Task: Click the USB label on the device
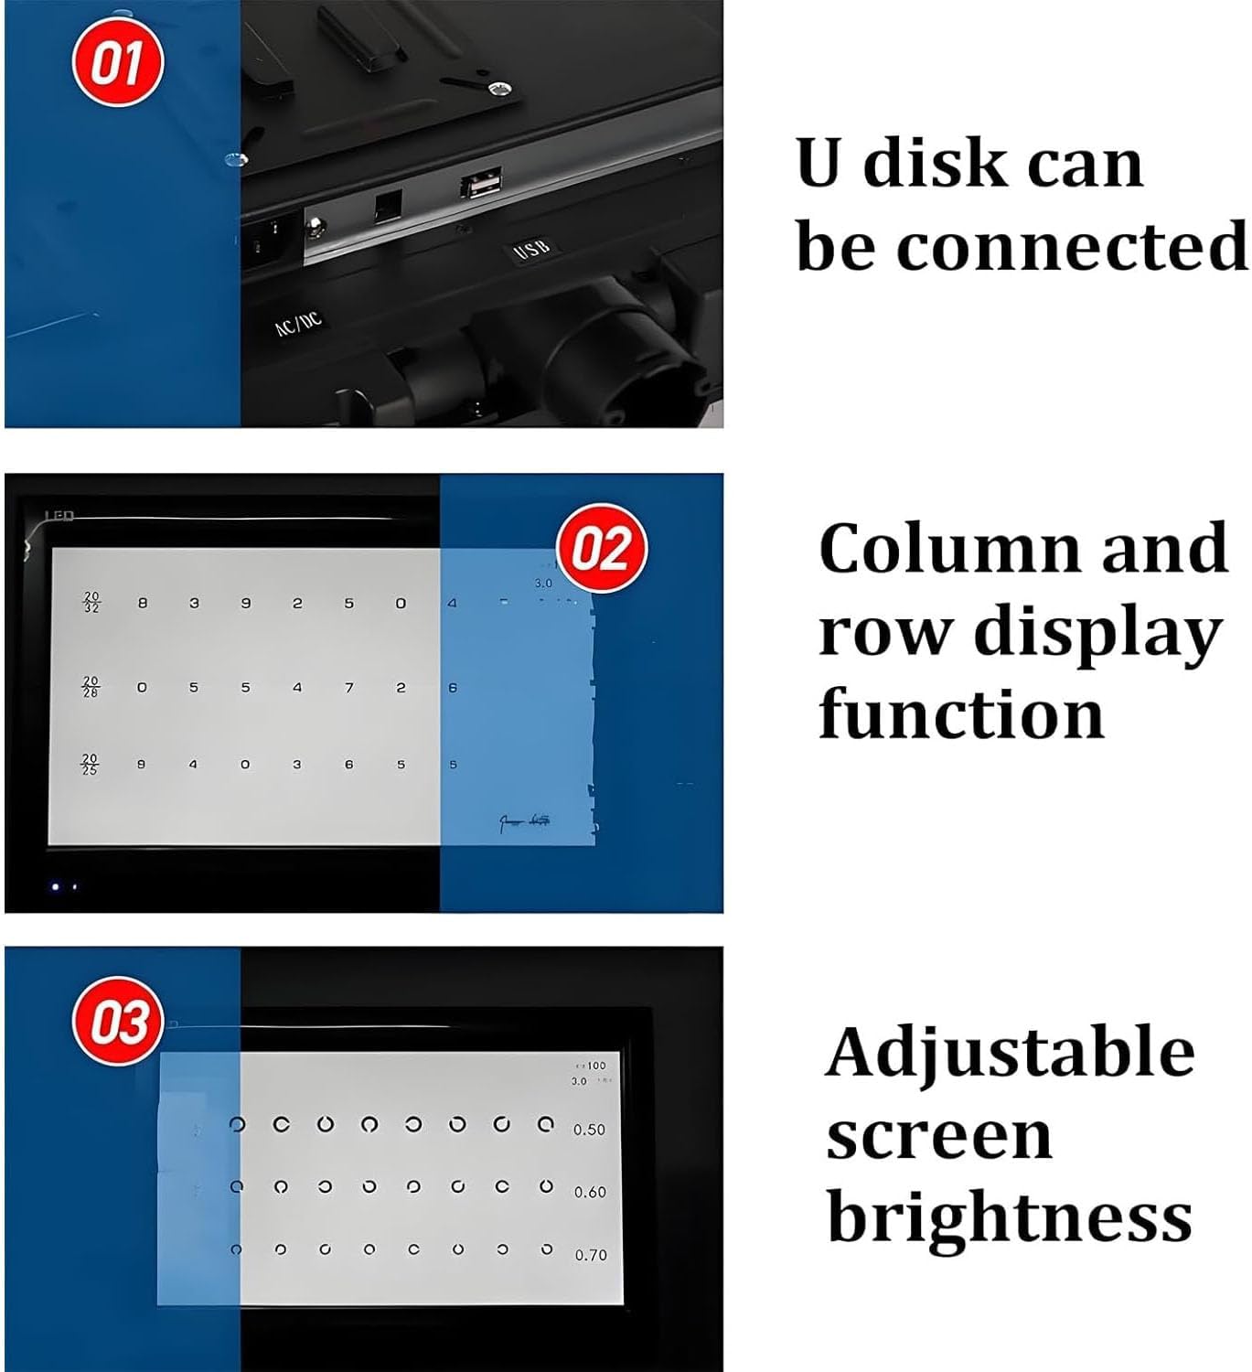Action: [x=531, y=248]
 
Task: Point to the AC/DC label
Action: [x=299, y=323]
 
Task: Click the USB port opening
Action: [x=480, y=186]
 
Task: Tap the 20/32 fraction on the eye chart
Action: [x=91, y=602]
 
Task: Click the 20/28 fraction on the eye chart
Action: [x=91, y=686]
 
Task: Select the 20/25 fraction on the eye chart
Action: [x=90, y=764]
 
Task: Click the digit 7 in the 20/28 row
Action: [x=349, y=687]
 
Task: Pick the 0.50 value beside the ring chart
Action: [x=589, y=1130]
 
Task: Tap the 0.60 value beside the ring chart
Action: [x=590, y=1192]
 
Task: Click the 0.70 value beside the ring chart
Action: [x=590, y=1255]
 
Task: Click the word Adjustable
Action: [x=1010, y=1055]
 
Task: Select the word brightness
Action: [x=1010, y=1217]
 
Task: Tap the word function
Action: [x=961, y=713]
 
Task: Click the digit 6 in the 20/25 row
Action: [x=348, y=764]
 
